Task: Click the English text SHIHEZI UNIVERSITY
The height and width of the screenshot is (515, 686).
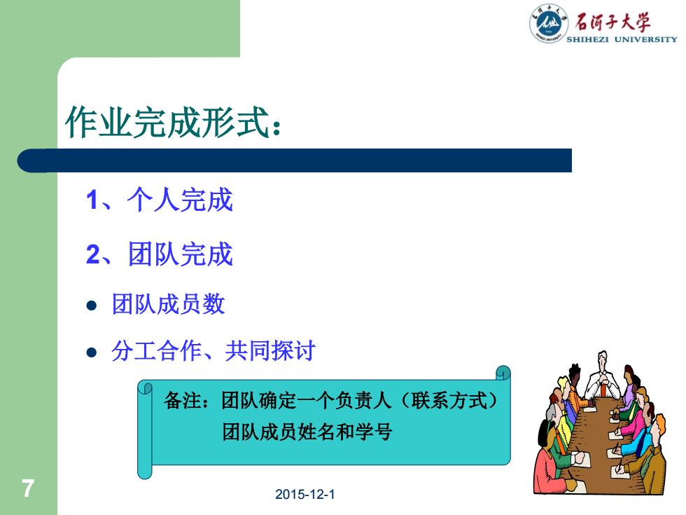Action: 622,39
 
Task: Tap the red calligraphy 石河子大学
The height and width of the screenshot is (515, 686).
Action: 612,22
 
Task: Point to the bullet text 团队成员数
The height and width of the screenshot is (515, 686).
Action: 169,304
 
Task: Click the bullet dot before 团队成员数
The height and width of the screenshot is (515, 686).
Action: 92,305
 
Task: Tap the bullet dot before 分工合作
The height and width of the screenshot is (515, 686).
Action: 92,352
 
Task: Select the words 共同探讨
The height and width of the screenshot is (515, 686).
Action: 270,351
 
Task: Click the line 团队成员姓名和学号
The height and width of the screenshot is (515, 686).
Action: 307,432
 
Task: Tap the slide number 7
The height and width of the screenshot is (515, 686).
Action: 28,488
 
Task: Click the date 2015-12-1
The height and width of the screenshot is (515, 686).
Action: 305,495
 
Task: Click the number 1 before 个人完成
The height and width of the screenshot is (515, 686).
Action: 92,200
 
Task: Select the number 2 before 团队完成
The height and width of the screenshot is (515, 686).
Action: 93,254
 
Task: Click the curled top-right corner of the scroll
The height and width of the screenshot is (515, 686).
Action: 503,372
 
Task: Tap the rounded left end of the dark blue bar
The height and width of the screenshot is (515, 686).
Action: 25,160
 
